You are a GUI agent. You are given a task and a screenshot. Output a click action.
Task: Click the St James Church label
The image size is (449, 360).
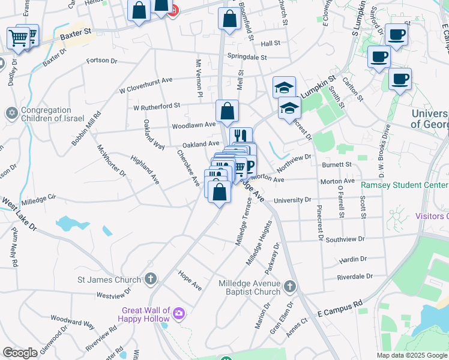point(109,279)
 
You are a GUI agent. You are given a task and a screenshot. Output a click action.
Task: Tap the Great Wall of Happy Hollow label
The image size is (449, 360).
point(145,314)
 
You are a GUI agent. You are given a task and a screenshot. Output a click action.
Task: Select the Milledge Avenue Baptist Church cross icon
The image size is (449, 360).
point(291,286)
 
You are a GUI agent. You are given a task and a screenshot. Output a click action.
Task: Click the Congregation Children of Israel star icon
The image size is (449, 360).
point(11,113)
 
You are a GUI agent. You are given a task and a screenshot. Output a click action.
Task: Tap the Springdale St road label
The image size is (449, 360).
point(247,57)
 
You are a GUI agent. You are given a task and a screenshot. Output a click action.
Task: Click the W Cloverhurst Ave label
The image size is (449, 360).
point(146,84)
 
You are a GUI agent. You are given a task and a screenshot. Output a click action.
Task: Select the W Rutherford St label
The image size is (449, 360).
point(157,106)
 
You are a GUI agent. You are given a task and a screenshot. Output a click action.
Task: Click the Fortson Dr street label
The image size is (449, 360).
point(101,60)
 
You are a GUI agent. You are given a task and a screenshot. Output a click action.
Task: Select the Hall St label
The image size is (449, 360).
point(270,43)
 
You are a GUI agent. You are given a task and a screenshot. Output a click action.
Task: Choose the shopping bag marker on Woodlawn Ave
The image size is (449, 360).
point(227,111)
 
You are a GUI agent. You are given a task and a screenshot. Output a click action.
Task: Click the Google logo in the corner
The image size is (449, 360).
point(20,353)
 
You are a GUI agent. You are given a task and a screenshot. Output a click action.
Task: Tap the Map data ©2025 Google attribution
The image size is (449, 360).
point(411,355)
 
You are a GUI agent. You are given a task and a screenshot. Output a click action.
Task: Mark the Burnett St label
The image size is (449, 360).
point(336,164)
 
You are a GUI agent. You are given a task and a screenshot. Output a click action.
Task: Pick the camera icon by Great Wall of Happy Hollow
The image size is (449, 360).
point(178,313)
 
